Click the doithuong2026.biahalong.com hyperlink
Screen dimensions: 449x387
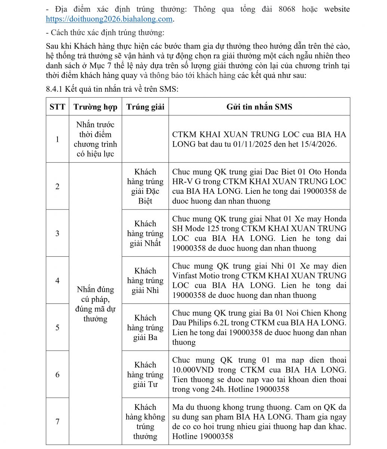[x=109, y=19]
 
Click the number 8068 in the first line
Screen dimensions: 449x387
[x=287, y=9]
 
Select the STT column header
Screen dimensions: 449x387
[x=57, y=107]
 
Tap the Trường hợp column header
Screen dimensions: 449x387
[x=95, y=107]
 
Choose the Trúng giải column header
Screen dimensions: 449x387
[x=145, y=107]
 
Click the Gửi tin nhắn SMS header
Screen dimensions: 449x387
[x=259, y=107]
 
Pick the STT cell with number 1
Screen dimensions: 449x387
[x=57, y=139]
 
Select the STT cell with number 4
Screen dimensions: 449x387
[x=57, y=280]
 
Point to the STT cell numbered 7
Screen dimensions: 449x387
[x=57, y=421]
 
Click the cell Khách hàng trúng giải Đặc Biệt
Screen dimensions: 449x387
[x=145, y=186]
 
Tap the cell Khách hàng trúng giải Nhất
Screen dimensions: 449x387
[x=145, y=233]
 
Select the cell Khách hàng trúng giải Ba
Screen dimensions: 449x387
[x=145, y=327]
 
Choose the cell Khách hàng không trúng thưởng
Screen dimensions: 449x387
[x=145, y=421]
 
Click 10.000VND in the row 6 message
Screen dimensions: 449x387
[x=193, y=370]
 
